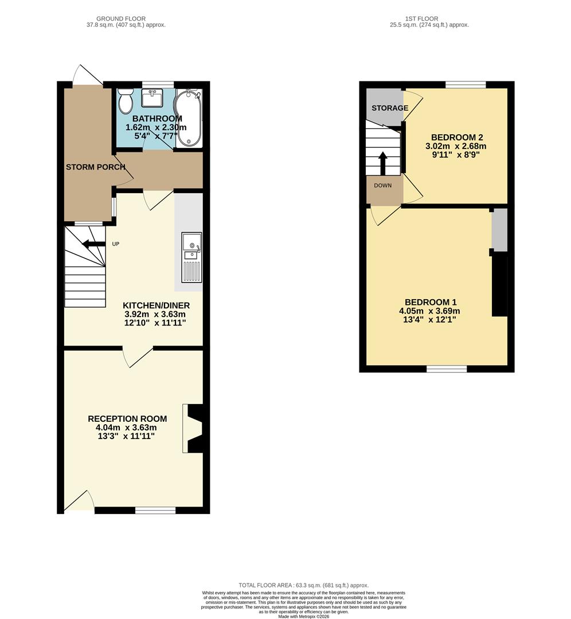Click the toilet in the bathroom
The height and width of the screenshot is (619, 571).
[126, 102]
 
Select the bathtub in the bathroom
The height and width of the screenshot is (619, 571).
[189, 118]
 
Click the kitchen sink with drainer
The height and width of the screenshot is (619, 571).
[191, 257]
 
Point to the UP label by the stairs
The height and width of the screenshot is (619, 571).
[115, 244]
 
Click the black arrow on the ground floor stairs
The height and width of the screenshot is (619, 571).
[93, 244]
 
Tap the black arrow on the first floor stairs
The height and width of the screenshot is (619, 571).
[382, 162]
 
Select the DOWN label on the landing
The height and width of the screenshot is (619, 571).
[383, 186]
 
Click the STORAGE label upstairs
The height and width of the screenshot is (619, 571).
[390, 108]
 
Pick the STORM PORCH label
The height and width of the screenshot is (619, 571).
[96, 167]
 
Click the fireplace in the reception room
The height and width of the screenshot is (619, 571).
[193, 428]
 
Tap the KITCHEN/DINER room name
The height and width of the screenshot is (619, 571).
[157, 305]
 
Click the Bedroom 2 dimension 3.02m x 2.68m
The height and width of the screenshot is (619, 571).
[456, 146]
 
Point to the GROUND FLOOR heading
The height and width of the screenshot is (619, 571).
[121, 19]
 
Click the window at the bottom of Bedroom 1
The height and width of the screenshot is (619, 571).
[446, 369]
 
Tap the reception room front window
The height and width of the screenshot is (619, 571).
[155, 510]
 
